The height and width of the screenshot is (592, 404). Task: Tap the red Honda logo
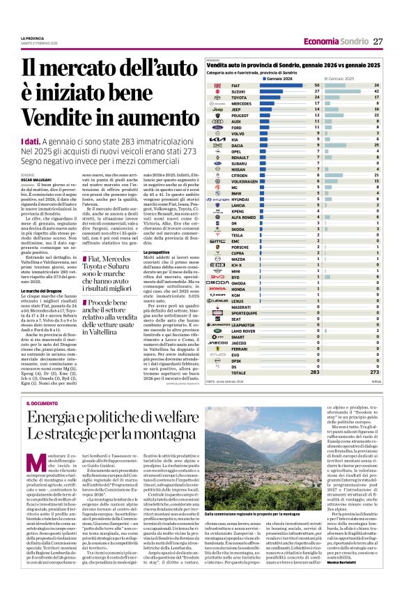click(217, 289)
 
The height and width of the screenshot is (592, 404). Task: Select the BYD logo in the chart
click(217, 277)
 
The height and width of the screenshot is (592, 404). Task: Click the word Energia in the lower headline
click(53, 419)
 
